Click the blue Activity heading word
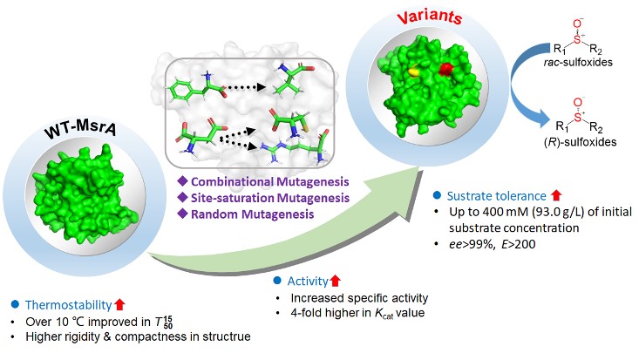(308, 283)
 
